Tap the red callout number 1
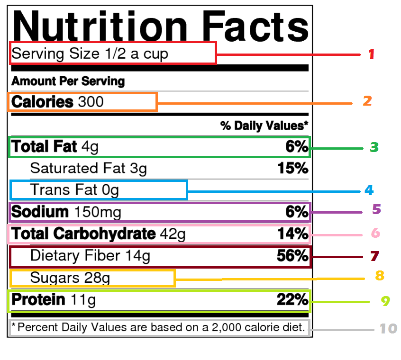[x=372, y=54]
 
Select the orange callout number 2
[x=367, y=101]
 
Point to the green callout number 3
[x=374, y=147]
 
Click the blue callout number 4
[x=369, y=191]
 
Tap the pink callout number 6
[x=375, y=234]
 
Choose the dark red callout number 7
[x=374, y=256]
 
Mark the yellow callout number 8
[x=379, y=276]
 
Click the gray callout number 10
[x=388, y=328]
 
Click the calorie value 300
[x=91, y=102]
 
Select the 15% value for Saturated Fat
[x=292, y=168]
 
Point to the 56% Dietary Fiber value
[x=292, y=256]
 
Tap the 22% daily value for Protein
[x=292, y=299]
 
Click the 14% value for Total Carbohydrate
[x=292, y=234]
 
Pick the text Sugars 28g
[x=70, y=278]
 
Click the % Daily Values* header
[x=264, y=126]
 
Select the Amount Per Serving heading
[x=68, y=81]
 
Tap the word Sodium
[x=40, y=212]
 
